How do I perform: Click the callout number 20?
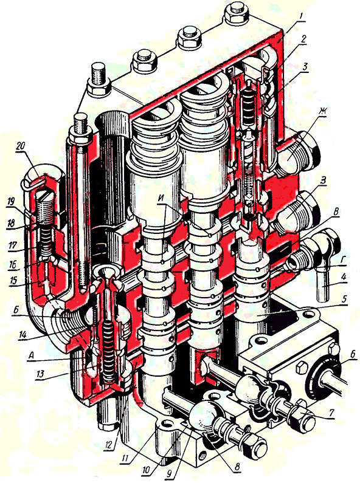[21, 146]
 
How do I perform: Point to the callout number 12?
[109, 445]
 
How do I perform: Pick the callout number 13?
[41, 374]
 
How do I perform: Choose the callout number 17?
[12, 245]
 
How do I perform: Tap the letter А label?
[31, 355]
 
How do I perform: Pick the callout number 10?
[146, 470]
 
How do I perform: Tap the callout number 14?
[21, 335]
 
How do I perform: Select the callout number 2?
[303, 39]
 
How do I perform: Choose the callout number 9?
[169, 474]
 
